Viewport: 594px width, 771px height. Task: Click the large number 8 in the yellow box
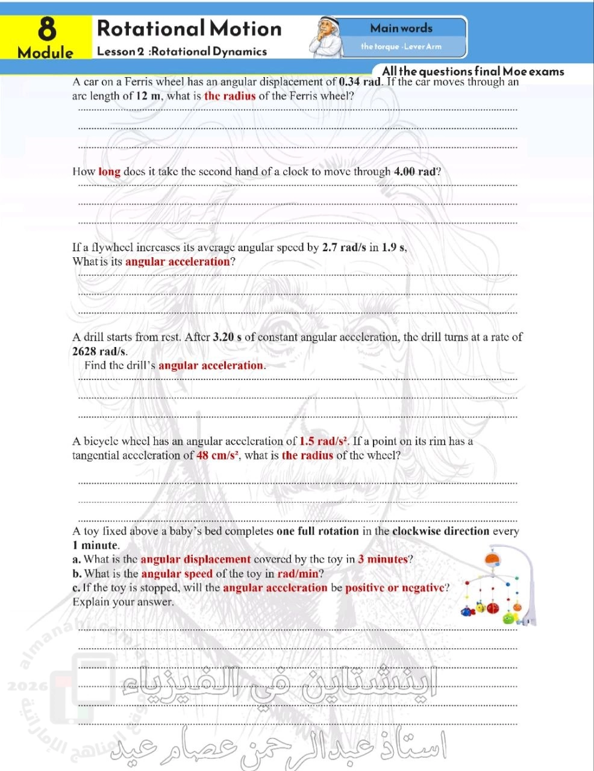coord(46,29)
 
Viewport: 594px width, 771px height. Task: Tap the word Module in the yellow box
coord(46,52)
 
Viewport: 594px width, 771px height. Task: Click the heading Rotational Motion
coord(189,28)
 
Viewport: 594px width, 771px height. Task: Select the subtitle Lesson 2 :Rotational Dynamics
coord(182,51)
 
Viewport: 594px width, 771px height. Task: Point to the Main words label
coord(401,28)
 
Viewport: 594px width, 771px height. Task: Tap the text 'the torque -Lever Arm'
coord(401,46)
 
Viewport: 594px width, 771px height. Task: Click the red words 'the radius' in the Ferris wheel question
coord(230,96)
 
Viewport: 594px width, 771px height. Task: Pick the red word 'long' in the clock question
coord(110,172)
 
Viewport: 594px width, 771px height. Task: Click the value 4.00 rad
coord(414,172)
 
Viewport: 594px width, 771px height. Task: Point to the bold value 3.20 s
coord(227,337)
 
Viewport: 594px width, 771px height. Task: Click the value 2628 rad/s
coord(99,351)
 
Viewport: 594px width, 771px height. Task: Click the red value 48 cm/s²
coord(219,455)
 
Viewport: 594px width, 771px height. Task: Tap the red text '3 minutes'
coord(383,559)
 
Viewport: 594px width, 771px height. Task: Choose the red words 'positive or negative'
coord(395,587)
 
